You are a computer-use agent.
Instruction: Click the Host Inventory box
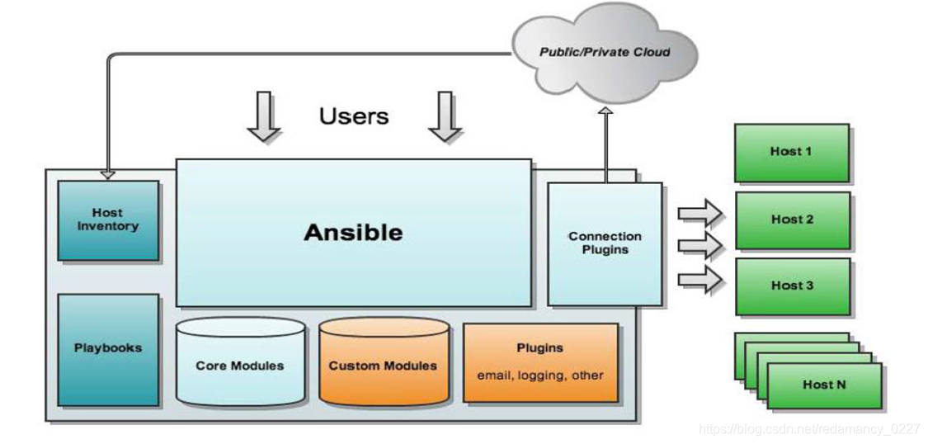pyautogui.click(x=108, y=220)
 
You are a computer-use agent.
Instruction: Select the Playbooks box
pyautogui.click(x=108, y=349)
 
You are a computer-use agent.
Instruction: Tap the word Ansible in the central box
pyautogui.click(x=353, y=232)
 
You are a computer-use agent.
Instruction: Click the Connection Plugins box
pyautogui.click(x=605, y=243)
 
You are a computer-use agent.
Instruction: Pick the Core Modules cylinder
pyautogui.click(x=240, y=364)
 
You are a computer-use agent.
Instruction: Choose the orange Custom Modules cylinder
pyautogui.click(x=384, y=364)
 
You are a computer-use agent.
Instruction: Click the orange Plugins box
pyautogui.click(x=540, y=362)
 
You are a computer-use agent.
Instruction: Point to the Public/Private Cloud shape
pyautogui.click(x=605, y=52)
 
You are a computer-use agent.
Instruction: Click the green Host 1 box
pyautogui.click(x=791, y=152)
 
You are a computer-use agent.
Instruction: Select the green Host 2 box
pyautogui.click(x=792, y=220)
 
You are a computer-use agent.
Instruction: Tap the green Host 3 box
pyautogui.click(x=792, y=286)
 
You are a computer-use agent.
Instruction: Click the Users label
pyautogui.click(x=354, y=116)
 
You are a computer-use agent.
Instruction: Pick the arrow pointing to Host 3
pyautogui.click(x=700, y=280)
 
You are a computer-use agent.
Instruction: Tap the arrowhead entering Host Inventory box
pyautogui.click(x=107, y=175)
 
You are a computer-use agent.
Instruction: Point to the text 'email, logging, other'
pyautogui.click(x=540, y=376)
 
